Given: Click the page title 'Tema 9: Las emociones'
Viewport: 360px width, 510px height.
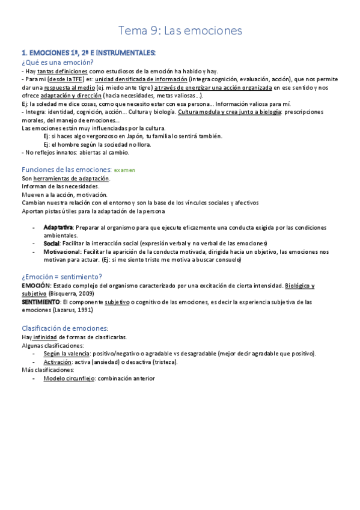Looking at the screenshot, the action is pyautogui.click(x=180, y=30).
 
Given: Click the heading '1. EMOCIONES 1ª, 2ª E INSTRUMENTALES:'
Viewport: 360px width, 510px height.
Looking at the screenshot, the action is pyautogui.click(x=88, y=53).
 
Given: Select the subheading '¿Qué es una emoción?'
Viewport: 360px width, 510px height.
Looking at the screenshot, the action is pyautogui.click(x=57, y=62).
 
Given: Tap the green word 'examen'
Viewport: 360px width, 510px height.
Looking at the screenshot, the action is pyautogui.click(x=125, y=170).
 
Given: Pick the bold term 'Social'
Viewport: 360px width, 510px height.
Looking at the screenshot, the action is pyautogui.click(x=52, y=243).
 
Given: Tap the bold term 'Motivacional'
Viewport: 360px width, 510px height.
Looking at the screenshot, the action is pyautogui.click(x=62, y=251).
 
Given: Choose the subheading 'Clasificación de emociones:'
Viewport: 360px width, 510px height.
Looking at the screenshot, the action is pyautogui.click(x=65, y=328).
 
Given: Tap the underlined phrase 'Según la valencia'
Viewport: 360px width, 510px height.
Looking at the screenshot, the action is pyautogui.click(x=66, y=354).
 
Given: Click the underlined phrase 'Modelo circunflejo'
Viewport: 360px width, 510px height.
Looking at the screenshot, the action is pyautogui.click(x=69, y=378).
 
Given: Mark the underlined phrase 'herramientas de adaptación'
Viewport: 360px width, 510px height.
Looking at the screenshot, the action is pyautogui.click(x=72, y=179).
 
